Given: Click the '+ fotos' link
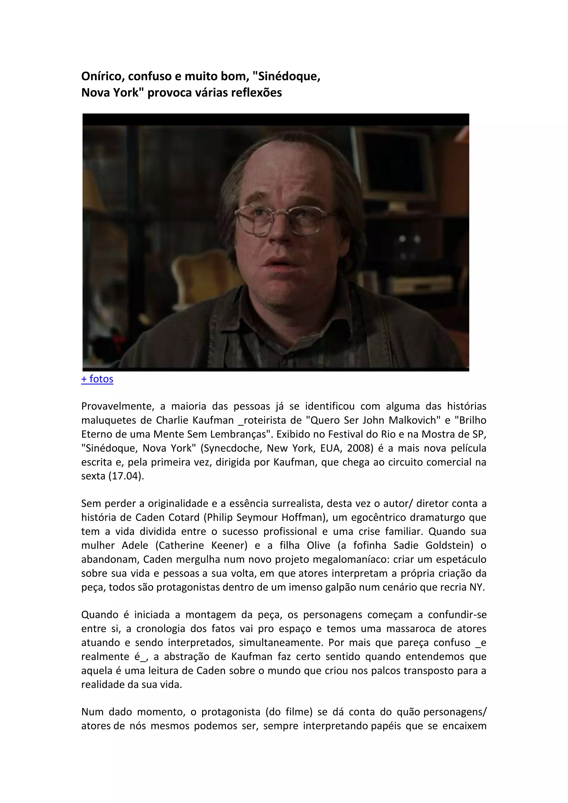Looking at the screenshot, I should (x=97, y=379).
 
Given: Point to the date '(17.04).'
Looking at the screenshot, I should (x=126, y=476).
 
